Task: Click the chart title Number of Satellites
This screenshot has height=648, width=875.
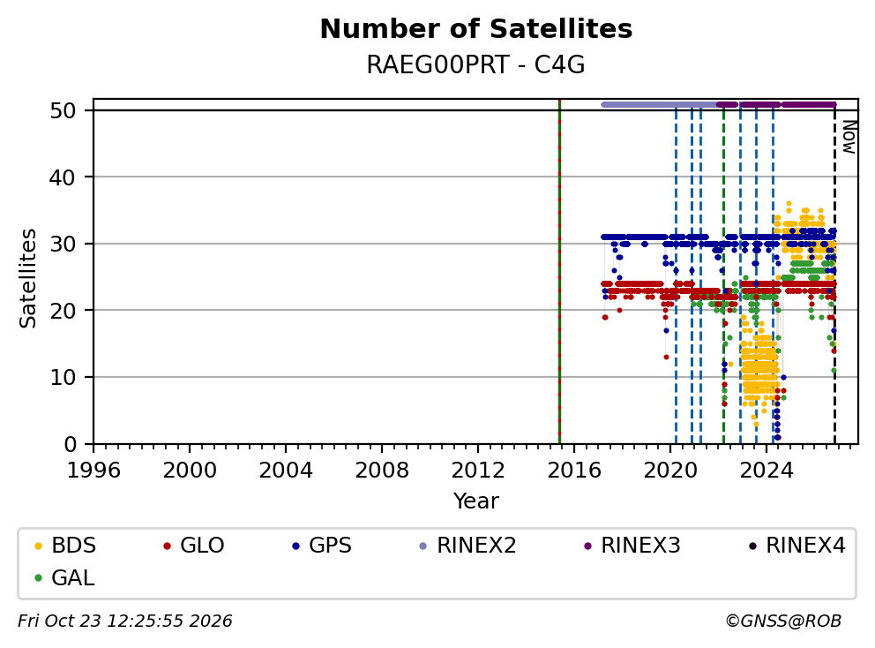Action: coord(476,29)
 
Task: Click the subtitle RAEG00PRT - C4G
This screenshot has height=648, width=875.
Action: coord(476,65)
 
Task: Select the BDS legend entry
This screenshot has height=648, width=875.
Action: coord(65,546)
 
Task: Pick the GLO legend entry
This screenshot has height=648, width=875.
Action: coord(194,546)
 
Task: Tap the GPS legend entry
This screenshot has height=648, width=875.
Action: coord(322,546)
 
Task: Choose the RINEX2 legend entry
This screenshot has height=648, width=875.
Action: coord(467,546)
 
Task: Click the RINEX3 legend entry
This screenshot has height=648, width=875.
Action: coord(632,546)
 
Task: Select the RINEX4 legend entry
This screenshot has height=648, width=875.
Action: coord(796,546)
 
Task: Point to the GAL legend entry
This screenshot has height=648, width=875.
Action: coord(64,577)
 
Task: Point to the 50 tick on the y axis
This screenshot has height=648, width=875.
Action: coord(63,110)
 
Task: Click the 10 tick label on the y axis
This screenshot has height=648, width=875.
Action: coord(63,378)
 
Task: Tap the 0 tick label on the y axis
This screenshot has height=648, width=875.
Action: coord(70,445)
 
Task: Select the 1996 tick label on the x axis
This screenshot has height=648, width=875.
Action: coord(93,471)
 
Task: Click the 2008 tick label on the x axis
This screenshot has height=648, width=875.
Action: coord(382,471)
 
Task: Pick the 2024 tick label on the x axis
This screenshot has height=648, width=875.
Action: coord(767,471)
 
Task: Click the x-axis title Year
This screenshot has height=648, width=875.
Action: coord(476,501)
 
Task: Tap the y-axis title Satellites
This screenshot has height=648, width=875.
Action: coord(28,278)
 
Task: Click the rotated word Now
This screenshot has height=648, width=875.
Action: coord(849,137)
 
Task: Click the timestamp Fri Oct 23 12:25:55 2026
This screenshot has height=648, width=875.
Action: coord(125,621)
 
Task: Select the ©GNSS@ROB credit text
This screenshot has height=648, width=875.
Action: coord(783,621)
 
